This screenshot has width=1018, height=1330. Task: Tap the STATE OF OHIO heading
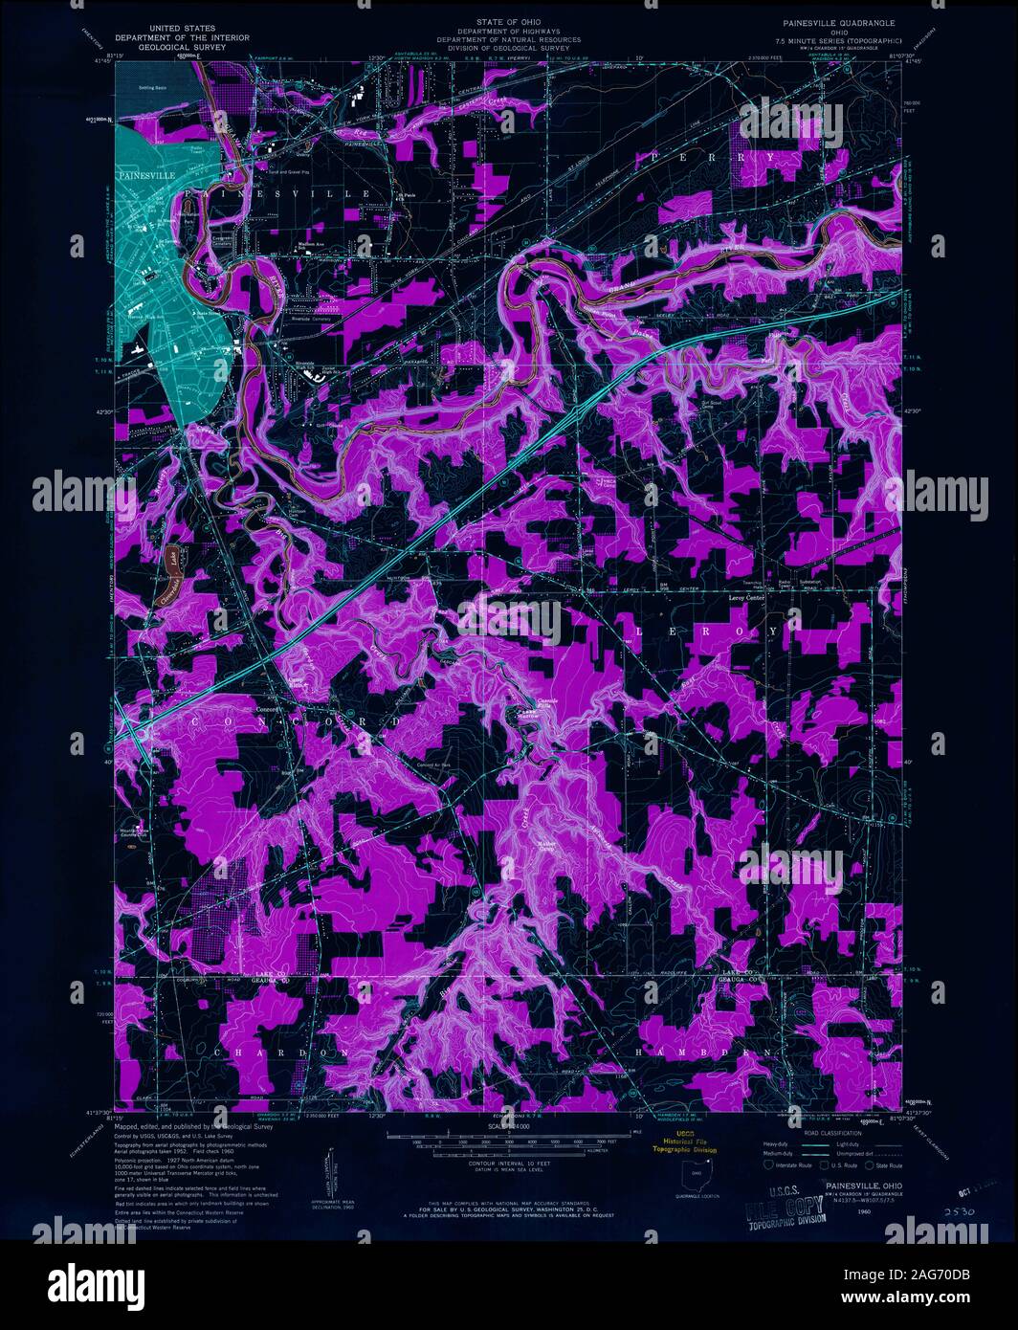[508, 19]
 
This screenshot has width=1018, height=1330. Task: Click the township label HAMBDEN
[702, 1053]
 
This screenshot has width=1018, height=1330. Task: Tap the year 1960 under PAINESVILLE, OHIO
[837, 1211]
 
